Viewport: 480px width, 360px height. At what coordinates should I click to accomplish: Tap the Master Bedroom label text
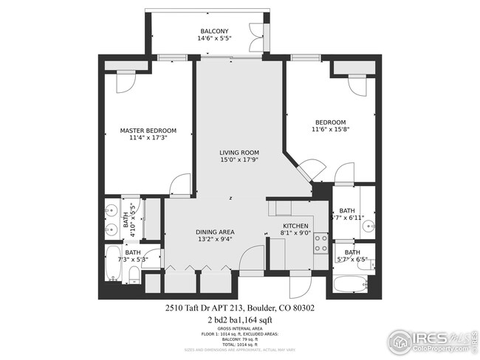(148, 131)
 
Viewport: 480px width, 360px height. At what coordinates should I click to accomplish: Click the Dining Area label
(214, 232)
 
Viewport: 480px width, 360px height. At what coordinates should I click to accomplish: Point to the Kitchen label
(297, 226)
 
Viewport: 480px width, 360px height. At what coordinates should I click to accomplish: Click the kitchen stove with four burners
(321, 243)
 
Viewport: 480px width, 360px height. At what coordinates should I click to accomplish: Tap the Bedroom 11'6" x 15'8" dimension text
(330, 130)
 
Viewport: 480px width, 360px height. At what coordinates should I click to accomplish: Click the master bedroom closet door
(125, 81)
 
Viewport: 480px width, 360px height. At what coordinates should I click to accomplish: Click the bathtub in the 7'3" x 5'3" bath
(113, 266)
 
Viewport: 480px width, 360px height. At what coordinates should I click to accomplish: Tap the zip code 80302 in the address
(304, 308)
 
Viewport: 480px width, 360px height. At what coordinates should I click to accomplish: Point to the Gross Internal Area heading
(239, 329)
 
